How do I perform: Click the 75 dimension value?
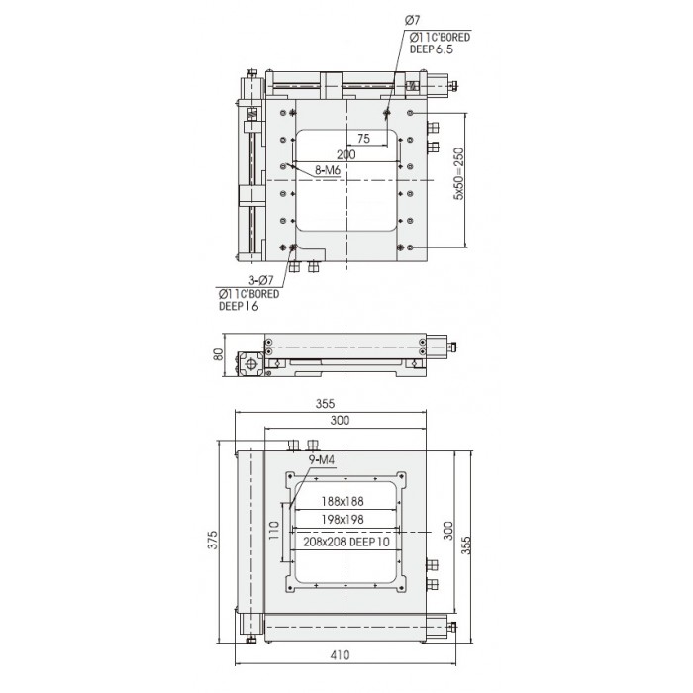coord(363,139)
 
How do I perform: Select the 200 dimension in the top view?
coord(346,154)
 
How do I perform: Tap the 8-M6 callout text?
coord(327,170)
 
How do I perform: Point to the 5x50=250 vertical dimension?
coord(459,173)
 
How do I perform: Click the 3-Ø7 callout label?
coord(261,280)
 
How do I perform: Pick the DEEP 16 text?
coord(239,306)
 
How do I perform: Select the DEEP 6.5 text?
coord(432,49)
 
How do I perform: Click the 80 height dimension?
coord(219,354)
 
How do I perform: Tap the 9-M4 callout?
coord(322,460)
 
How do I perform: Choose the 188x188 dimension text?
coord(343,501)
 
